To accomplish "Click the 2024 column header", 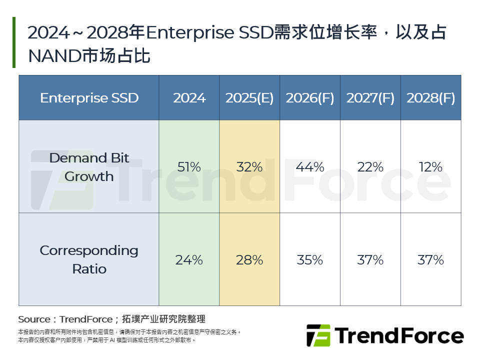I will pos(189,98).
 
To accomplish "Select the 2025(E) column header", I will pos(249,98).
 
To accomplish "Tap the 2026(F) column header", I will pos(310,98).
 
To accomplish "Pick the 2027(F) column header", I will pos(370,98).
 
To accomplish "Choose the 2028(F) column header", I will pos(430,98).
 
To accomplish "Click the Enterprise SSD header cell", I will pos(89,98).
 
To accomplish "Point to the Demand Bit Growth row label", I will pos(89,167).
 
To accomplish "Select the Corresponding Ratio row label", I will pos(89,259).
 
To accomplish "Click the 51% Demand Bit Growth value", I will pos(189,167).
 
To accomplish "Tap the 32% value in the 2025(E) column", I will pos(249,167).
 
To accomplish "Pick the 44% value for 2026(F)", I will pos(310,167).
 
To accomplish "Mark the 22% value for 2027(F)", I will pos(370,167).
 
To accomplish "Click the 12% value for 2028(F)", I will pos(430,167).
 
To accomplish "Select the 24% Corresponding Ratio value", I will pos(189,260).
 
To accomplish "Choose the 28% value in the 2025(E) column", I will pos(249,260).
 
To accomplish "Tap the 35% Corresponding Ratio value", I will pos(310,260).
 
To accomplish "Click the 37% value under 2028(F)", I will pos(430,260).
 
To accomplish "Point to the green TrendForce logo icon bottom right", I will pos(318,335).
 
